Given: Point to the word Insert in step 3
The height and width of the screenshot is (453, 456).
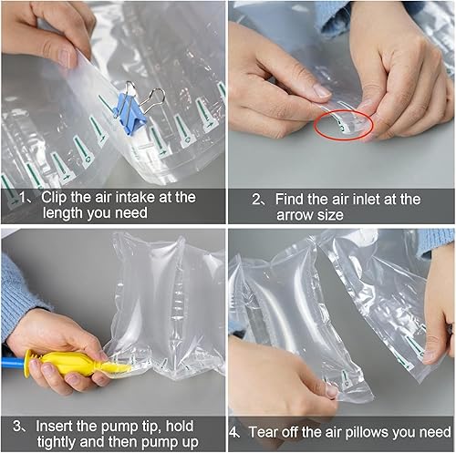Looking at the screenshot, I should [57, 426].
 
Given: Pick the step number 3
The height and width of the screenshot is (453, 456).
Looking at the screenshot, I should [16, 426].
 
